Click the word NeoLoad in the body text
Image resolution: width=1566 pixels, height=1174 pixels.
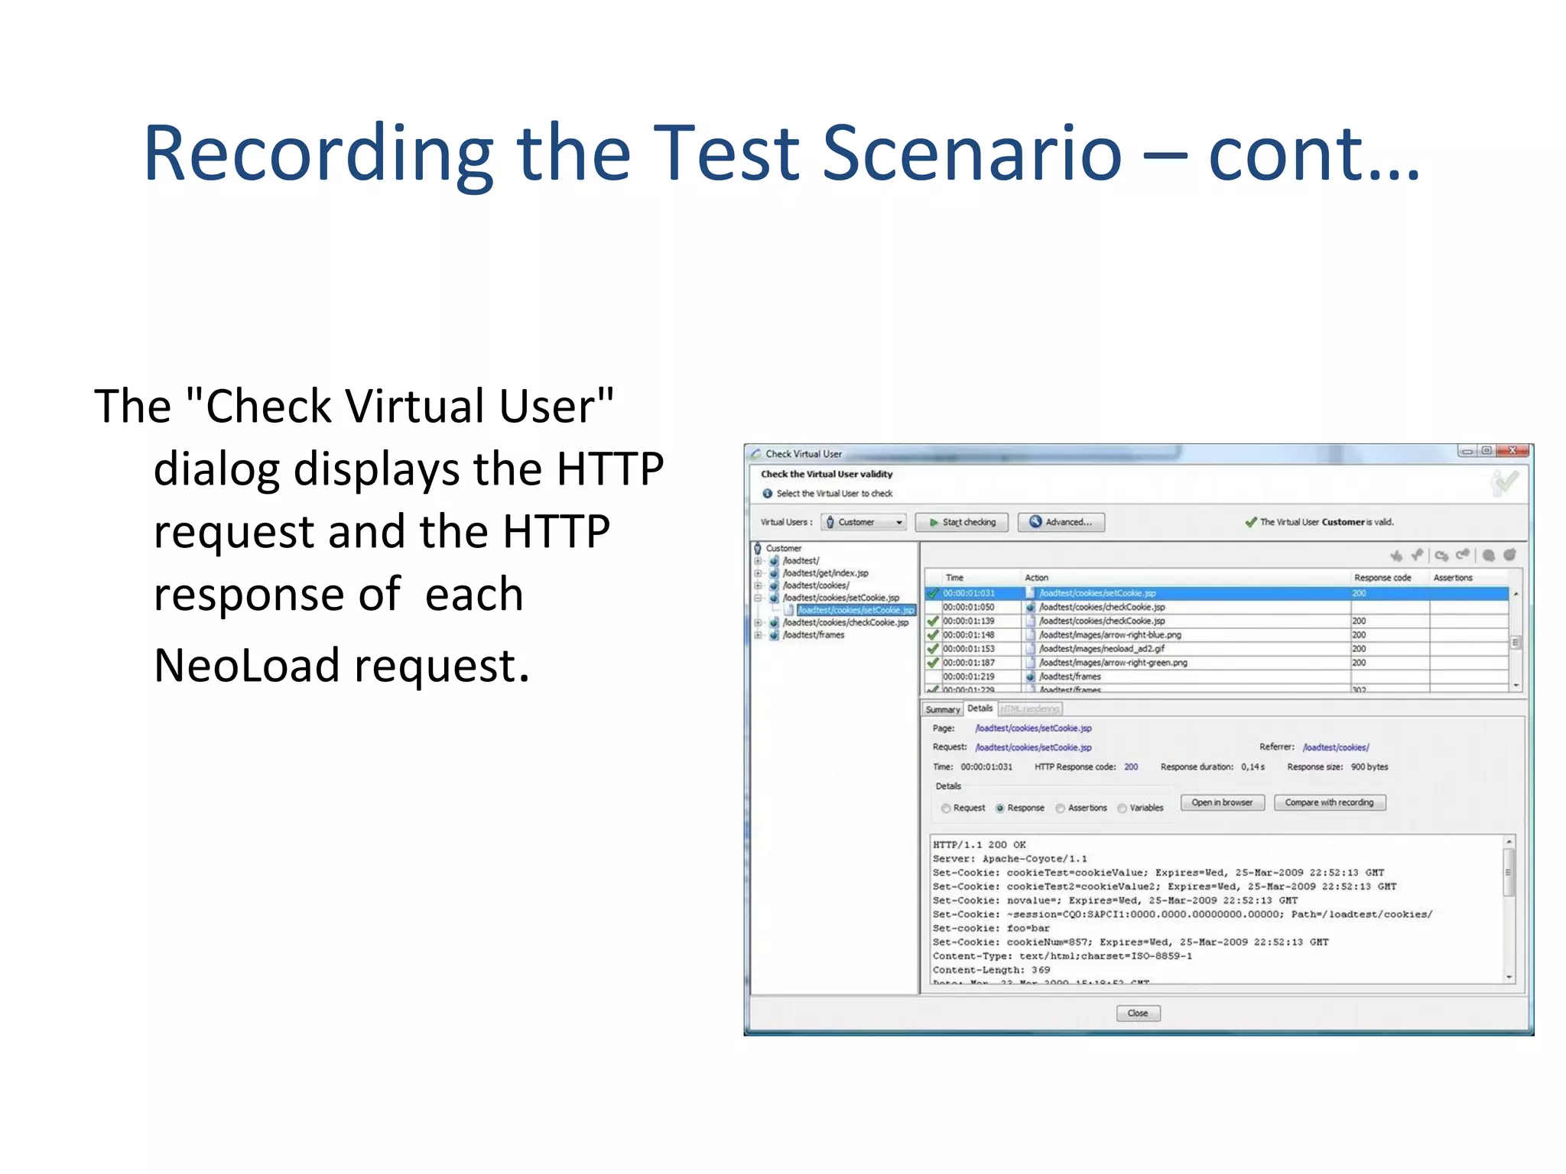point(246,665)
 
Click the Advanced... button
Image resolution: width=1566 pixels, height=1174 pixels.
point(1061,522)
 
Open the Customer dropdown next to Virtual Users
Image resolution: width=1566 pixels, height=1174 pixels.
point(865,522)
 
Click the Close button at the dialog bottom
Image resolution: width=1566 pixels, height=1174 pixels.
point(1138,1013)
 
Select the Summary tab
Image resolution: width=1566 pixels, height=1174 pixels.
point(942,709)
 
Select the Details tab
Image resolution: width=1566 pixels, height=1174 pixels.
point(980,709)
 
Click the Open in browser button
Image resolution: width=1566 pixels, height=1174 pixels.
point(1222,803)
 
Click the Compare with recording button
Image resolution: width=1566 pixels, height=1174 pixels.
point(1329,803)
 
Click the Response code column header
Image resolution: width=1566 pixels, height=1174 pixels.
point(1382,578)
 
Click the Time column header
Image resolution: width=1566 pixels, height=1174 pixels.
point(955,578)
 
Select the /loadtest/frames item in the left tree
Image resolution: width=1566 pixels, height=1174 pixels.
point(814,635)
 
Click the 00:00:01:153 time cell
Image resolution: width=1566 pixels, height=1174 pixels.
point(969,649)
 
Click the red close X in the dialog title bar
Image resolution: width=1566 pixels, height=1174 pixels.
point(1512,451)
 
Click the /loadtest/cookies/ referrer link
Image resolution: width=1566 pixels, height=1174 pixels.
point(1336,748)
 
